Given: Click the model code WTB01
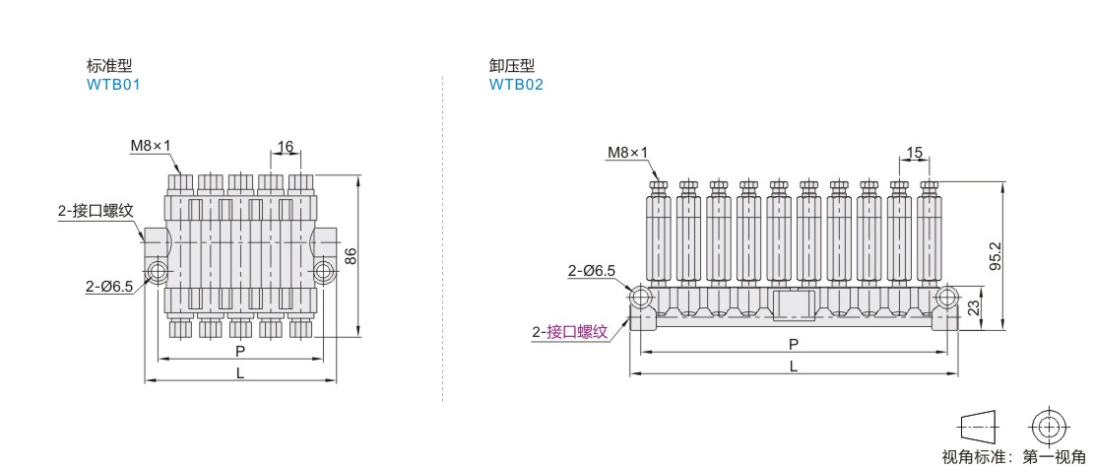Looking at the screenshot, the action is click(113, 85).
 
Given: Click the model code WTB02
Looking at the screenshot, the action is click(516, 85).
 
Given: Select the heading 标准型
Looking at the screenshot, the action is click(108, 66).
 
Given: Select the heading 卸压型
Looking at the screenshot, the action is click(512, 66).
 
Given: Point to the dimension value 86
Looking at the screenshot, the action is click(352, 256).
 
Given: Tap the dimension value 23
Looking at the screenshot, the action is click(975, 305).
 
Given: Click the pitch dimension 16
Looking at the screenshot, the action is click(286, 147).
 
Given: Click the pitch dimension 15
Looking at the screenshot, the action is click(915, 153).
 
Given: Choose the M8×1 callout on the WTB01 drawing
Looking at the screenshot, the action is click(151, 146).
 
